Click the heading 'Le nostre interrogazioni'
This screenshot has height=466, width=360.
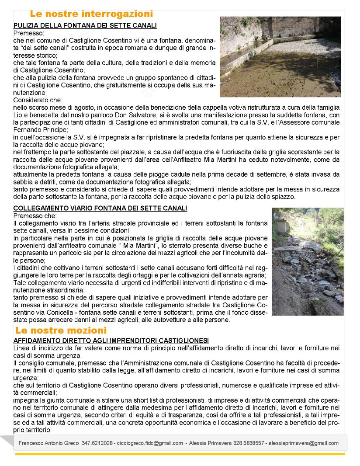(x=91, y=14)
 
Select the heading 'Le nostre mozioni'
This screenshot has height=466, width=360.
(x=61, y=330)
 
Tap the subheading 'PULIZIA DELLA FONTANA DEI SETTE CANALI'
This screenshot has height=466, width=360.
(x=85, y=26)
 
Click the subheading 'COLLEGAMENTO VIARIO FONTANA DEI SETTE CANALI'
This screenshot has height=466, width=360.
(x=100, y=208)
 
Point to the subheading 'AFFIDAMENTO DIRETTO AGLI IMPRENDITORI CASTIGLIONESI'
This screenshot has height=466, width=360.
(x=111, y=341)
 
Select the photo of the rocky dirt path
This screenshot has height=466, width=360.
(x=308, y=261)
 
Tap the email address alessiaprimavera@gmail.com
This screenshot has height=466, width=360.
(x=303, y=443)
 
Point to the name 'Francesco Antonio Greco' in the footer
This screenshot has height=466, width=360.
(x=49, y=443)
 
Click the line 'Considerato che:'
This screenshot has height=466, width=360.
(x=38, y=100)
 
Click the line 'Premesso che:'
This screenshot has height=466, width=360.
(x=35, y=216)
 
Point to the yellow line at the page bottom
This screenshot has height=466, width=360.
(x=180, y=454)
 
